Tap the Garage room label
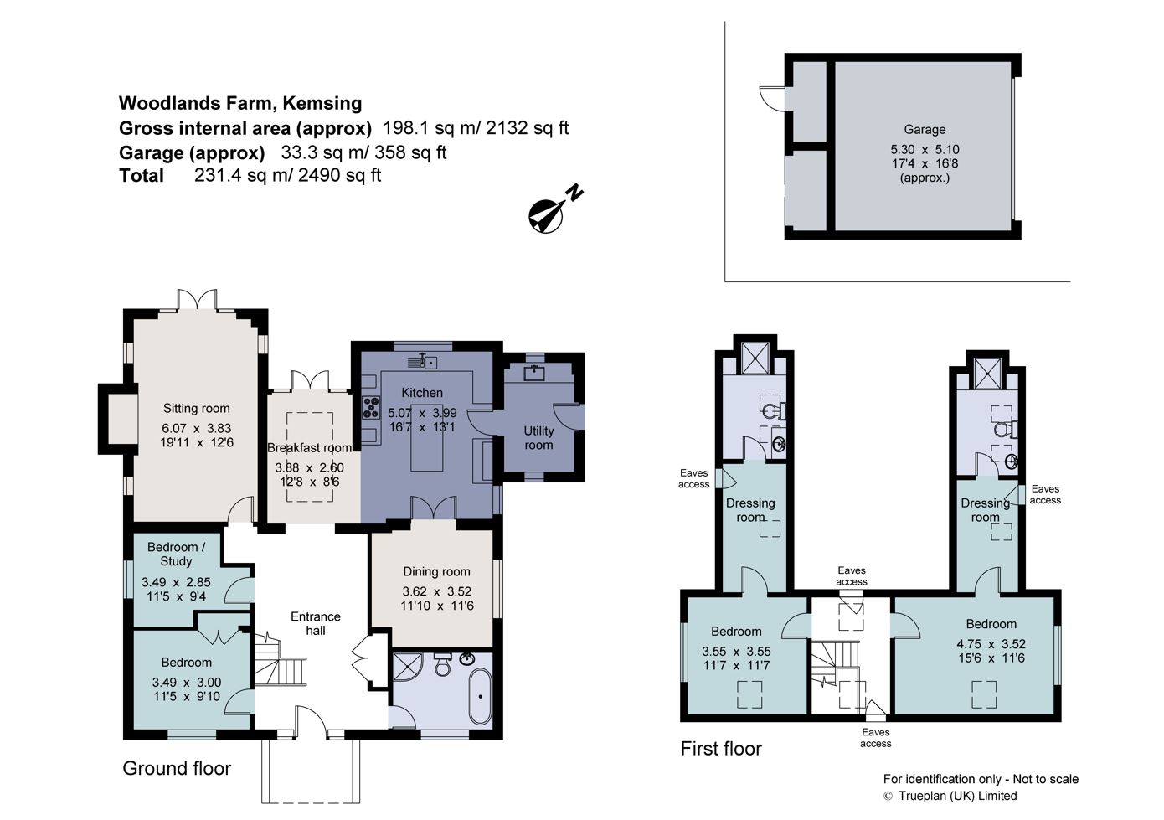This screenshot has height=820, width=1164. point(925,130)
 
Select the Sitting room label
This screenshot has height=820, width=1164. point(196,409)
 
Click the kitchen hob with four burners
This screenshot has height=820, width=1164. point(370,408)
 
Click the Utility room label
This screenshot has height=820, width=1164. point(538,437)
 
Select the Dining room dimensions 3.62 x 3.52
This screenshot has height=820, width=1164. point(436,591)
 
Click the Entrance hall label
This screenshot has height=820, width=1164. point(315,623)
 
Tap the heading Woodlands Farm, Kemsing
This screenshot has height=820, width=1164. point(240,103)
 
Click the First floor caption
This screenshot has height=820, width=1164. point(721,749)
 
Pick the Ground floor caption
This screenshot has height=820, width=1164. point(177,768)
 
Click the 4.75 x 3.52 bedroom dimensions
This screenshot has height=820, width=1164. point(991,644)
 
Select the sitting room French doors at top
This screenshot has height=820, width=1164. point(198,300)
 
